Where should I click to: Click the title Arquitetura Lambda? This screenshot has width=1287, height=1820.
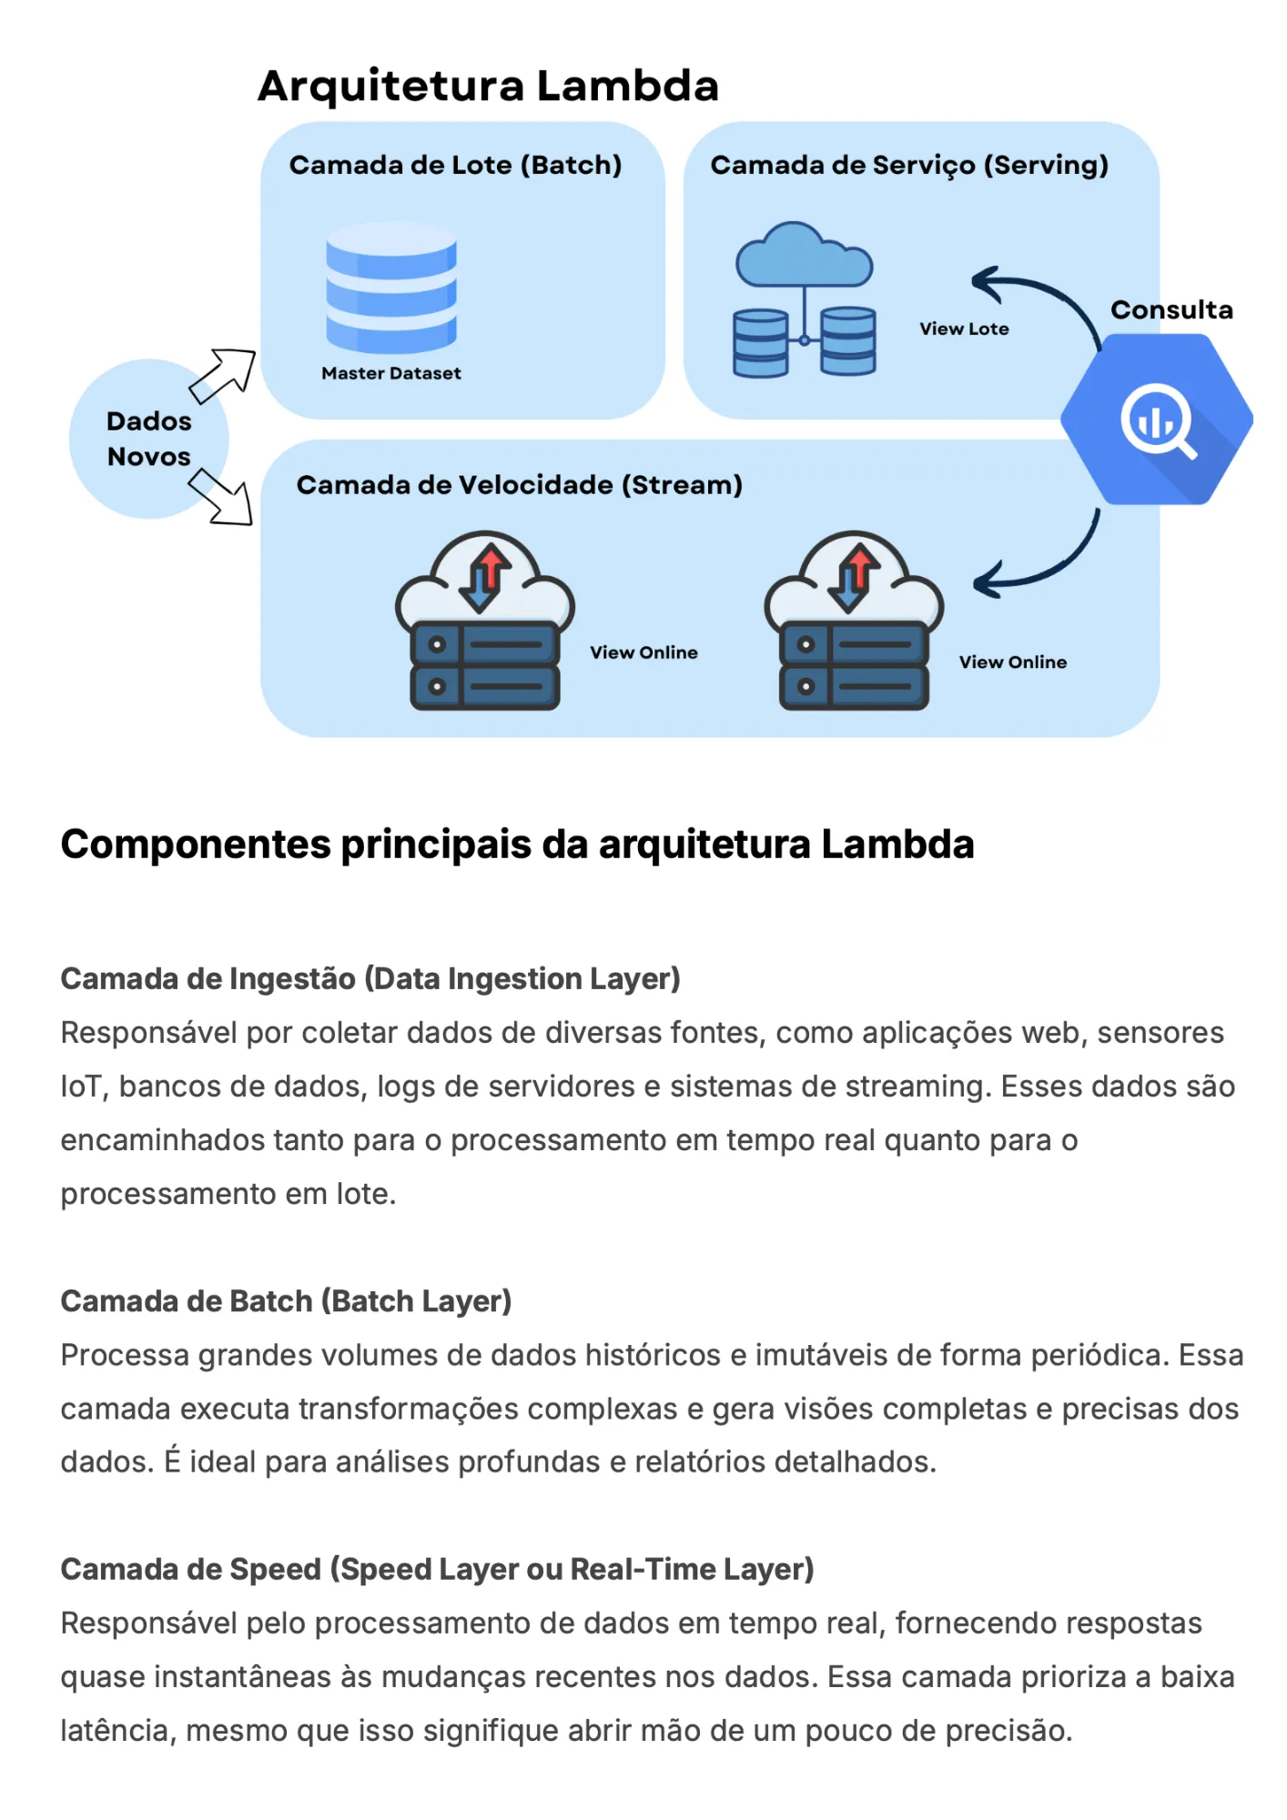(x=488, y=86)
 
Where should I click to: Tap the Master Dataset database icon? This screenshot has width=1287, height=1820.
(x=391, y=287)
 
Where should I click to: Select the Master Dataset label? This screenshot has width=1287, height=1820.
(x=391, y=373)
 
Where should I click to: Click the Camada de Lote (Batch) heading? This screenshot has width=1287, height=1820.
(x=455, y=165)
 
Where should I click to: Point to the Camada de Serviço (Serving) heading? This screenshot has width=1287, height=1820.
(x=909, y=165)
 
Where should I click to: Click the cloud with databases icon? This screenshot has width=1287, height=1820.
(x=805, y=299)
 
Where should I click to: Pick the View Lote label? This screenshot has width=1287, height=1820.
(x=964, y=329)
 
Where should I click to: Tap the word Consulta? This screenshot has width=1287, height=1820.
(x=1171, y=309)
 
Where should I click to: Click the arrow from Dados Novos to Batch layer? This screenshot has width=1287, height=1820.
(x=222, y=375)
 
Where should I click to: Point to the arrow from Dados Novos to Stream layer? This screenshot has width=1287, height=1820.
(x=220, y=497)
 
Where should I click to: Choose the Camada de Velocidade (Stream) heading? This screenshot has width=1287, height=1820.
(x=519, y=485)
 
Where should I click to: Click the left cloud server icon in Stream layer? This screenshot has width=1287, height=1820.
(x=485, y=621)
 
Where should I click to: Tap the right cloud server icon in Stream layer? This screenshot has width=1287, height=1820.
(x=854, y=621)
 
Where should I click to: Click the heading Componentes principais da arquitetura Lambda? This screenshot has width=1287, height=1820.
(x=517, y=844)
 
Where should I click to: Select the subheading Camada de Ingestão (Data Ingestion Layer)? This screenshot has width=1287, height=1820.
(x=370, y=979)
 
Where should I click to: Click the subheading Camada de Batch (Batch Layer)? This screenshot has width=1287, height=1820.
(x=286, y=1301)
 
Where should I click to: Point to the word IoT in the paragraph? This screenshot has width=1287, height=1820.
(x=80, y=1087)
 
